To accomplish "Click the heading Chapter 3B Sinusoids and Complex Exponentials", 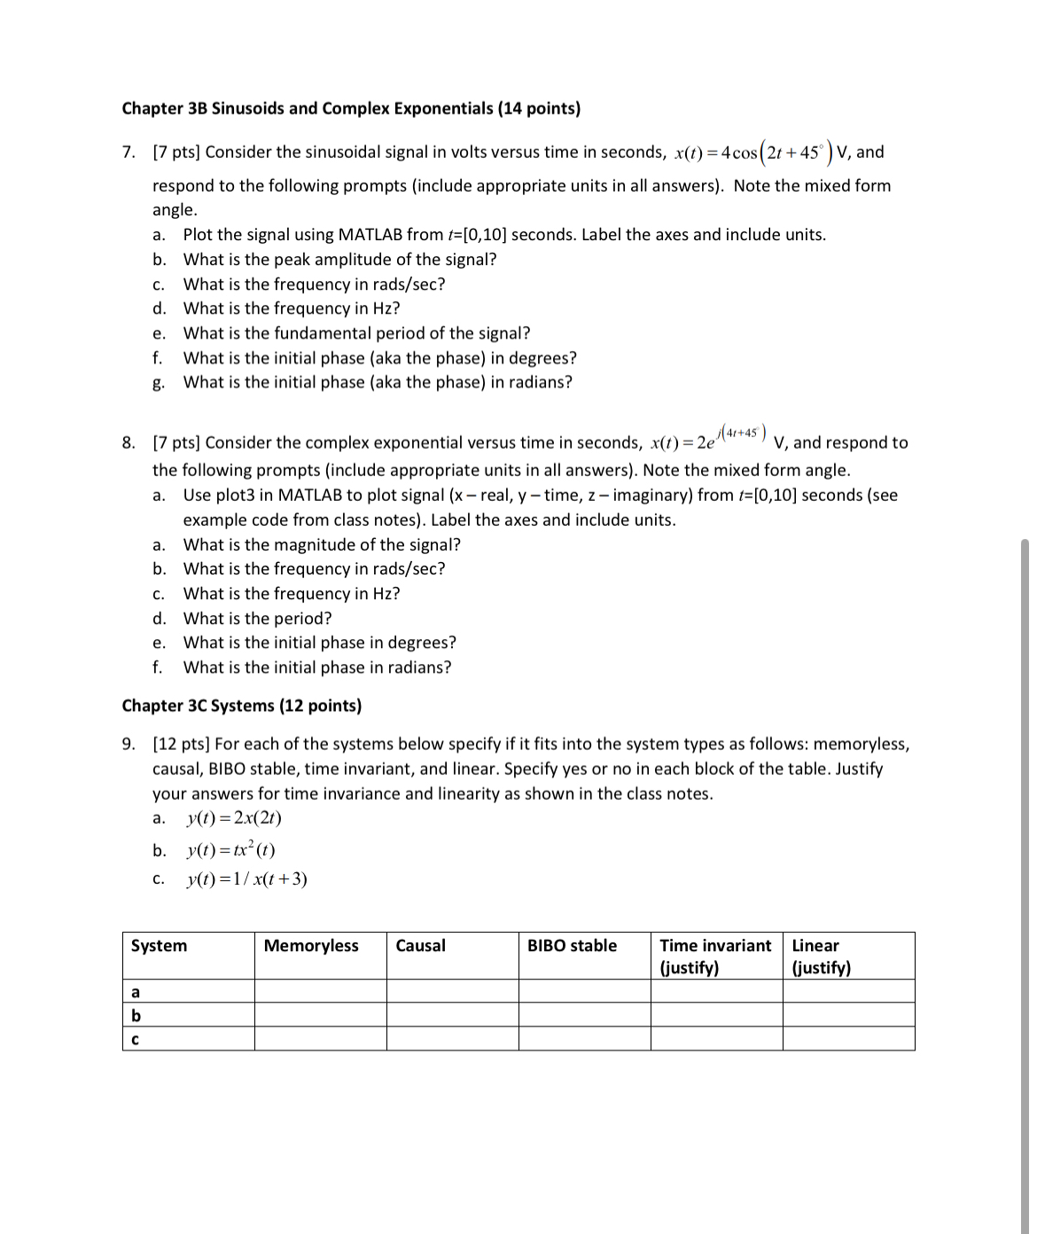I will [351, 108].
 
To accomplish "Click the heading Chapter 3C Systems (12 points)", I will [241, 706].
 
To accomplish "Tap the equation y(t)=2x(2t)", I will [234, 818].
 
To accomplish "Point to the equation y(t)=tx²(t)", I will [230, 849].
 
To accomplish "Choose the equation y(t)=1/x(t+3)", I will [246, 879].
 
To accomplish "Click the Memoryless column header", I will [311, 946].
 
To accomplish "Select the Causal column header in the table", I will [420, 946].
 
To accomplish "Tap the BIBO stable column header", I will [572, 946].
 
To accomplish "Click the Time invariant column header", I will [715, 946].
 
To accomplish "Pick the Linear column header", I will [815, 946].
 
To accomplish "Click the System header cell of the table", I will [160, 946].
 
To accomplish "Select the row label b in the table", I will [136, 1015].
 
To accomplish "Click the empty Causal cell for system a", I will [452, 991].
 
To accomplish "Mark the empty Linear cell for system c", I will [848, 1039].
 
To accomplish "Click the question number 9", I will [129, 744].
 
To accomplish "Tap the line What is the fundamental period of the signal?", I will [356, 333].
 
